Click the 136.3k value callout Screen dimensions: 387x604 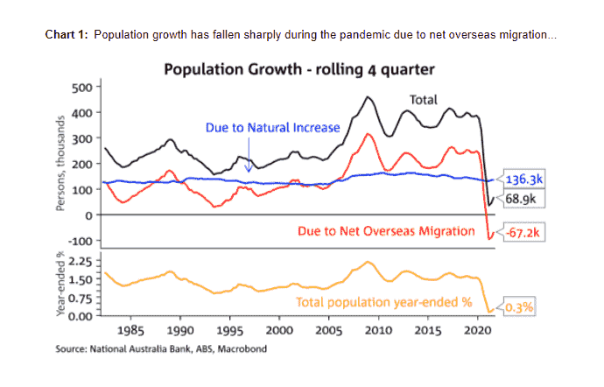coord(523,181)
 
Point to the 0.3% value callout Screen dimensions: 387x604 coord(518,307)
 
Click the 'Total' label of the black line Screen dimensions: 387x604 coord(425,100)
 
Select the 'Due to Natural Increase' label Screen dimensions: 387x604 coord(272,128)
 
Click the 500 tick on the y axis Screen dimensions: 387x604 coord(81,87)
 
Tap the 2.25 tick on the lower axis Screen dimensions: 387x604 coord(79,261)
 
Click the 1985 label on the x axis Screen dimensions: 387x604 coord(130,332)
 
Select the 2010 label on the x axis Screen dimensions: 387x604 coord(377,332)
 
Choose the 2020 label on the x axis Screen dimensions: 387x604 coord(476,332)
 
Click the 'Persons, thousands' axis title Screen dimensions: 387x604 coord(60,164)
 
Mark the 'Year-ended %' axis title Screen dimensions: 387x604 coord(60,285)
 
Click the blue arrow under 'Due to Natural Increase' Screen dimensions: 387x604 coord(249,162)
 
